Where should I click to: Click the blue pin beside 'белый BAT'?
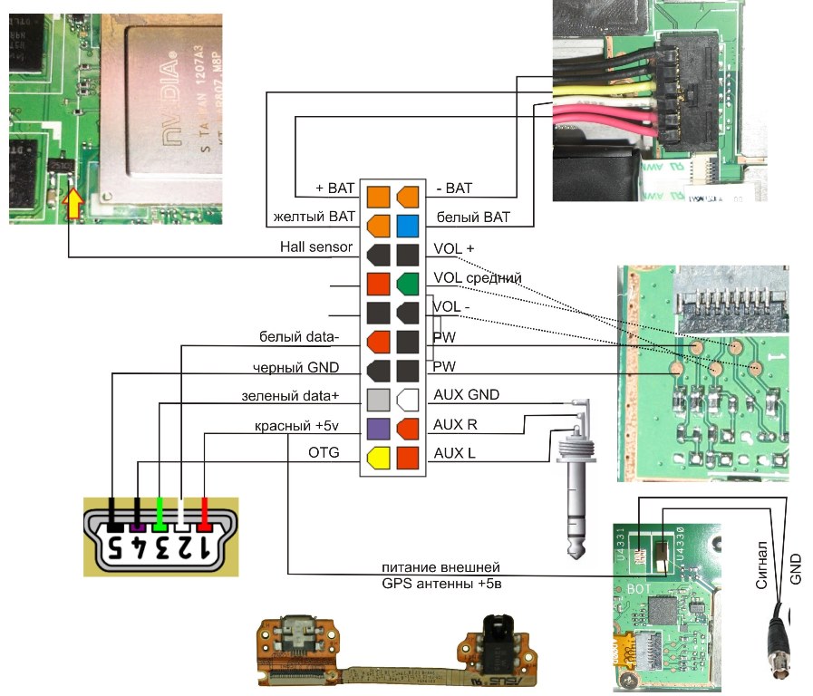[x=407, y=223]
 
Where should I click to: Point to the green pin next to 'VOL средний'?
[x=407, y=285]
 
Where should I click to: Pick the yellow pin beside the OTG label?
[x=378, y=459]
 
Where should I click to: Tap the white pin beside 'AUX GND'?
[x=407, y=399]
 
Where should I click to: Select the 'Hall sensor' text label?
[x=317, y=247]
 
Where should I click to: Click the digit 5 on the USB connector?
[x=115, y=548]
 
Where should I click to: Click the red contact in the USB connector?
[x=204, y=515]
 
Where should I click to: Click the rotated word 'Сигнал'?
[x=763, y=565]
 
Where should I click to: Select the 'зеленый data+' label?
[x=291, y=396]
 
